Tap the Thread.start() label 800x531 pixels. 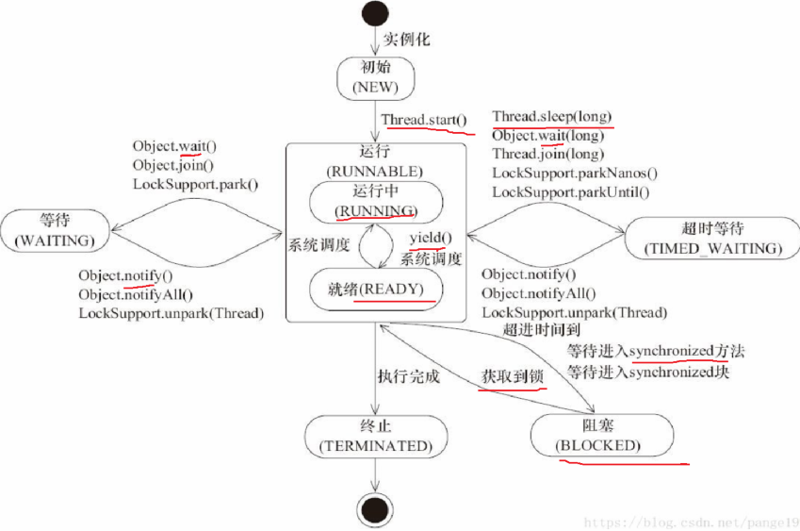tap(424, 121)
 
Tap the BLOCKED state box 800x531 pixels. tap(600, 436)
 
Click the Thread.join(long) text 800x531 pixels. tap(547, 155)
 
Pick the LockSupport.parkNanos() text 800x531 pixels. tap(575, 174)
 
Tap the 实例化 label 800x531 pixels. tap(407, 40)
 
